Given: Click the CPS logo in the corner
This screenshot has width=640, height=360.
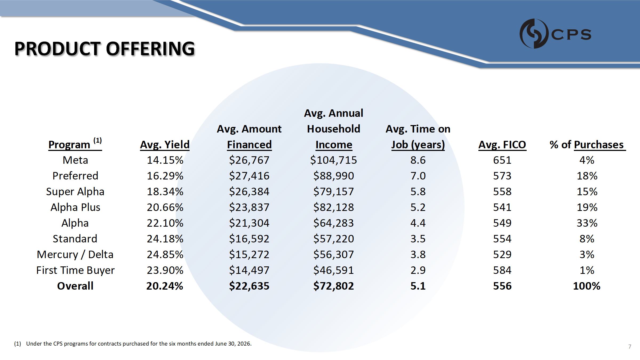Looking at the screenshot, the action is tap(555, 34).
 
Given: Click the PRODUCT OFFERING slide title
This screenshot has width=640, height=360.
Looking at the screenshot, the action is tap(105, 49).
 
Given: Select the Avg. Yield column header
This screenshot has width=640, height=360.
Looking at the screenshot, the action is tap(165, 145).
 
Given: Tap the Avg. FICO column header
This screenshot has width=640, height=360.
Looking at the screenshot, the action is tap(502, 145).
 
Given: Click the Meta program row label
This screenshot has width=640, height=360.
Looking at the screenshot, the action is tap(75, 160).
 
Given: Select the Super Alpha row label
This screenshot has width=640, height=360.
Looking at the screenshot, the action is tap(75, 192).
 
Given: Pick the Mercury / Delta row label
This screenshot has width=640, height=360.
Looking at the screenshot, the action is tap(75, 255).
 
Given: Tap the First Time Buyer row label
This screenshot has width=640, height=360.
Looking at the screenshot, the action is tap(75, 270).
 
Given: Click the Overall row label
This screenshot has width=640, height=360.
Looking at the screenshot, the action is tap(75, 286).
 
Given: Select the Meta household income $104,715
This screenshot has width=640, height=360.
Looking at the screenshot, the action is tap(334, 160).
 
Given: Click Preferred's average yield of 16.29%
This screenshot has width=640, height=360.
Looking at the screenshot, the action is tap(165, 176).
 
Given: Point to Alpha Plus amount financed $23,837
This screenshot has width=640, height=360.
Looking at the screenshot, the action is tap(249, 207).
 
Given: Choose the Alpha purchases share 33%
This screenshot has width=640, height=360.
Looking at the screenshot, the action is tap(587, 223).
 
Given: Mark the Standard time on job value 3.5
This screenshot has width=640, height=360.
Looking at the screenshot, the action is tap(418, 239).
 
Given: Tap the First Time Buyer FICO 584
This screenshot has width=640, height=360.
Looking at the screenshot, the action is tap(502, 270).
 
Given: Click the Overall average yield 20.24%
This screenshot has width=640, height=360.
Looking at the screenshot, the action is tap(165, 286).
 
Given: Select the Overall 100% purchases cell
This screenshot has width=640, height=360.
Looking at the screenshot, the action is tap(587, 286).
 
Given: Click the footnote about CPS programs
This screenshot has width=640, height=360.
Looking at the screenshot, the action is tap(133, 344).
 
